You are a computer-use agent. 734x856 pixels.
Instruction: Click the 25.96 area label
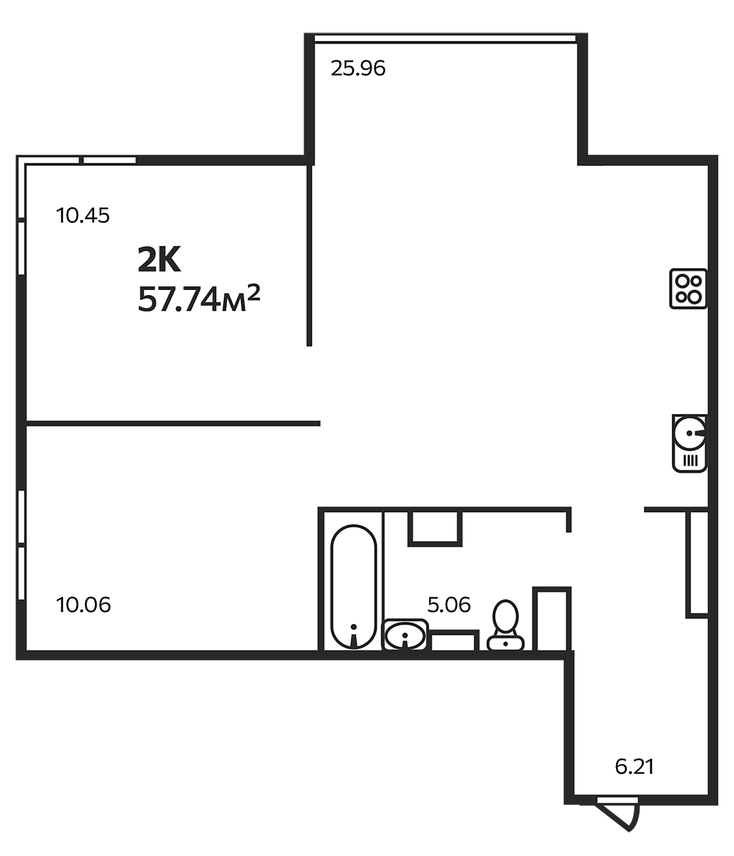(x=358, y=68)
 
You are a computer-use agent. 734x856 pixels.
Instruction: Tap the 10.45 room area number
(x=83, y=216)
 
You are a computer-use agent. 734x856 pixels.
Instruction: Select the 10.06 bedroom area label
(x=83, y=605)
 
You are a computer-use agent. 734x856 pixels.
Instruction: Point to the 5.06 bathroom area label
(x=449, y=605)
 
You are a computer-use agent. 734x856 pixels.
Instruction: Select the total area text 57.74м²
(x=198, y=300)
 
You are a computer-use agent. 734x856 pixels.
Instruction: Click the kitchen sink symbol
(x=689, y=443)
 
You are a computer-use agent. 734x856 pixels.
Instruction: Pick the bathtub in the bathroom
(x=354, y=587)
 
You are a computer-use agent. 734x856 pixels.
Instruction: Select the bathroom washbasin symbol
(x=405, y=636)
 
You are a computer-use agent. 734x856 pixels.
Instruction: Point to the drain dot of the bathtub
(x=354, y=627)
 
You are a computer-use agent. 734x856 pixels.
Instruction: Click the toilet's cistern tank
(x=506, y=643)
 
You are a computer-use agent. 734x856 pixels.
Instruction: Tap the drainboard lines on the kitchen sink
(x=690, y=460)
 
